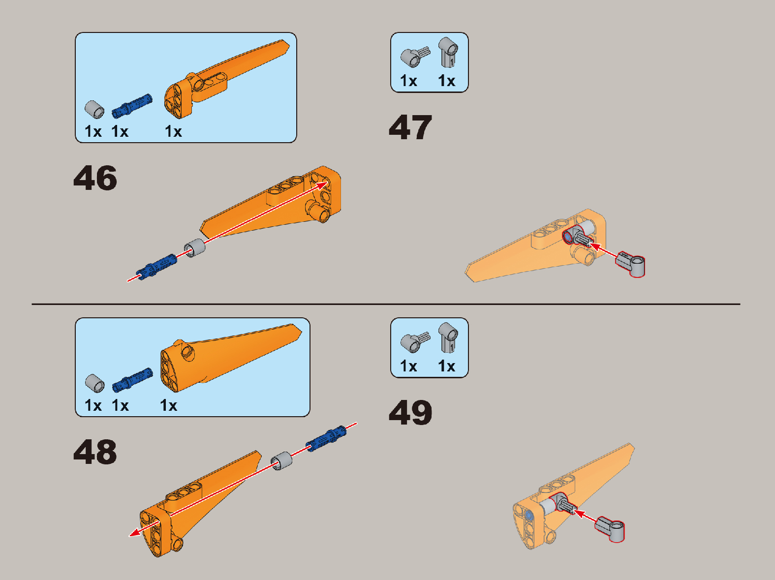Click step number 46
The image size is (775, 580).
pos(95,178)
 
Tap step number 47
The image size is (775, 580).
pos(410,127)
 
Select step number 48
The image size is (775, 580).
pos(95,452)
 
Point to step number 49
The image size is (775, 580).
pos(410,412)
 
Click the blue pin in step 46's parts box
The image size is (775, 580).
pos(132,106)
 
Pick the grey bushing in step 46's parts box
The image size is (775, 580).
pos(94,109)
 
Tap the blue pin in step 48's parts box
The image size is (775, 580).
pos(132,380)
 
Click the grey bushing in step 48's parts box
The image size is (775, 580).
pos(95,383)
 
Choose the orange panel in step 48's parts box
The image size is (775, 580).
pos(230,357)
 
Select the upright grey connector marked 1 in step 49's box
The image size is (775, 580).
pos(448,337)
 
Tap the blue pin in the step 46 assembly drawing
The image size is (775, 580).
pos(156,267)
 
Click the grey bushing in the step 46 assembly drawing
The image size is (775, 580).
pos(194,248)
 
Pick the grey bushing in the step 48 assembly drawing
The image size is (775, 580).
pos(281,460)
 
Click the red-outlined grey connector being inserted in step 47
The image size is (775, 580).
pos(630,265)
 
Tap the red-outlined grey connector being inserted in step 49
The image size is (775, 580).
pos(610,529)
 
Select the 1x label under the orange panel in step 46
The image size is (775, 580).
pos(173,131)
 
